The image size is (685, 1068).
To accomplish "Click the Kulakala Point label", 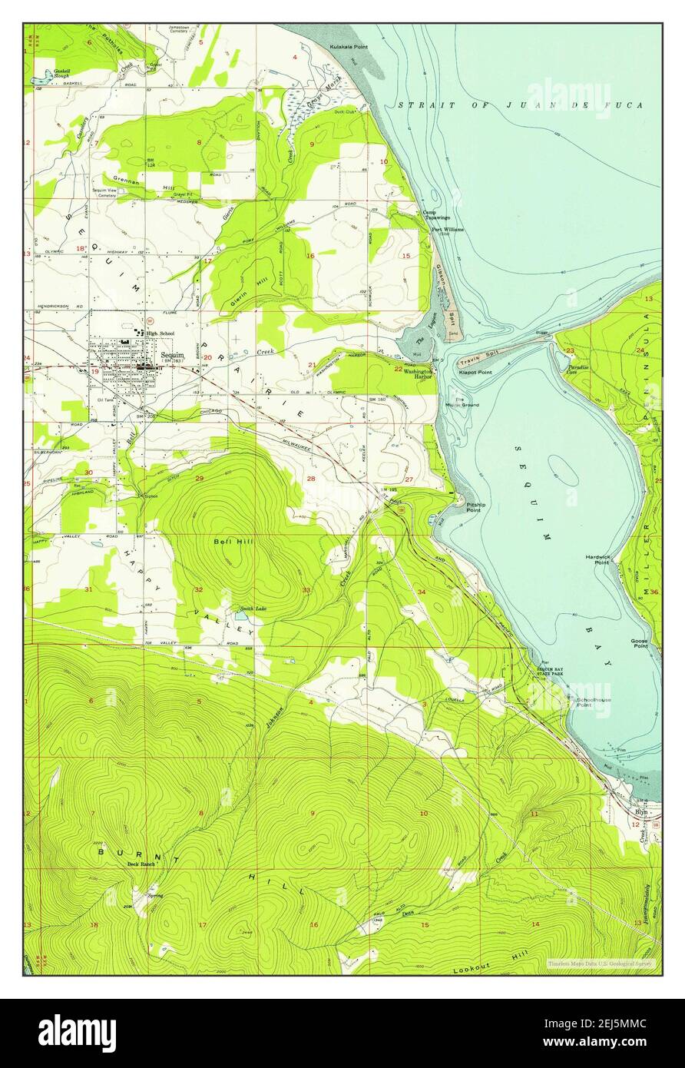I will (x=349, y=47).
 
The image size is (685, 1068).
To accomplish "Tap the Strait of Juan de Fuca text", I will (x=520, y=105).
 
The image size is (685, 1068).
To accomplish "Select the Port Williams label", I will (x=447, y=229).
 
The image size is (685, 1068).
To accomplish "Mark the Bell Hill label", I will (x=229, y=542).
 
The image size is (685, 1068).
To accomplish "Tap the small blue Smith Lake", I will (x=242, y=616).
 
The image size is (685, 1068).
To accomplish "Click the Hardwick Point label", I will (x=597, y=559).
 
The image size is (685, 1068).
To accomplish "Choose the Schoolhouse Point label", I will (x=593, y=703).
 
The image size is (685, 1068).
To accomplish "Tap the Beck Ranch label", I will (x=141, y=864).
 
